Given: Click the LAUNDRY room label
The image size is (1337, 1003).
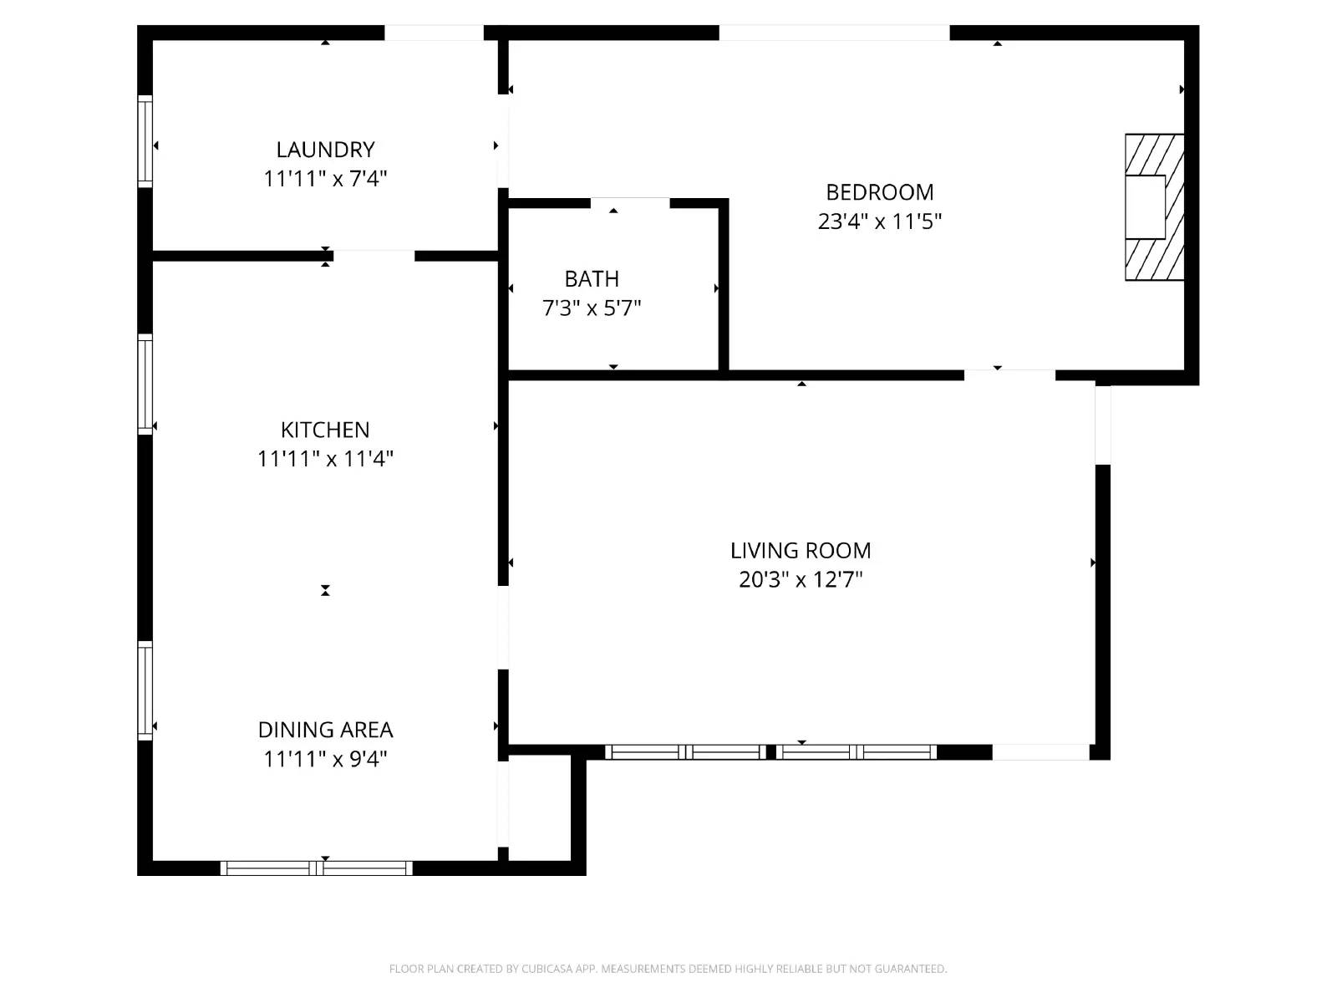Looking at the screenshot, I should (325, 150).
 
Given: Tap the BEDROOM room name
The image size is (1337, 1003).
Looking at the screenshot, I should (879, 192).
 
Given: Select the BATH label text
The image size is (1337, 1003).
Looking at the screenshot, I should (592, 279).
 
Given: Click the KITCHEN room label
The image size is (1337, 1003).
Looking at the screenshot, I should (325, 430).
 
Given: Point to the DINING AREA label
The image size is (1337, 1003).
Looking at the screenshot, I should (325, 730).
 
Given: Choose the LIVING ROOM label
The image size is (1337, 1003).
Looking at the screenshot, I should (801, 551).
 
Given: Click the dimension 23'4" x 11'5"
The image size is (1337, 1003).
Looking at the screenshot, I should (879, 221).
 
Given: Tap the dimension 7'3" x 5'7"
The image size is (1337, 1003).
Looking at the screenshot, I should (592, 308).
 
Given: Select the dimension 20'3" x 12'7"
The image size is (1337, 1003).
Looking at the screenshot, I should (801, 579).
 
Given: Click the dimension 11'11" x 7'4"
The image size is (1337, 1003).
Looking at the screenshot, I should (325, 179).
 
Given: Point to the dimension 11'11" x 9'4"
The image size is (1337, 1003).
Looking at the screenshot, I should (325, 759).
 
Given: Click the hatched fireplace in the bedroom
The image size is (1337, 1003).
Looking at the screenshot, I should (1154, 207).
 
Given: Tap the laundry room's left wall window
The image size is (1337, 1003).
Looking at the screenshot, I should (145, 141).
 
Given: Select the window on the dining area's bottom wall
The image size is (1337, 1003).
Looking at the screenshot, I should (316, 868).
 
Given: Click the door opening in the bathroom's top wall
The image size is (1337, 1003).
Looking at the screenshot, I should (630, 202).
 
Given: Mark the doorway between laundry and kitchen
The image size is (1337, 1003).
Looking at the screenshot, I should (374, 255).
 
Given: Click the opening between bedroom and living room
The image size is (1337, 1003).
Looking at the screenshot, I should (1009, 375).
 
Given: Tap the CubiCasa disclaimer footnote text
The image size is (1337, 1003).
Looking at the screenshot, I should (668, 969).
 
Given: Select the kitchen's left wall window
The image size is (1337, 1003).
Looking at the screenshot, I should (145, 384).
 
